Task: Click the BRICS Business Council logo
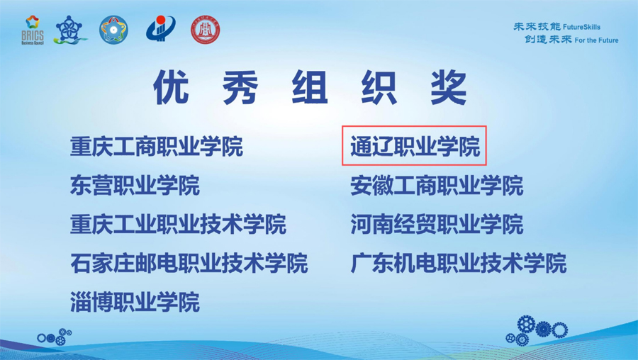tap(33, 30)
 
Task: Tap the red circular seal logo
tap(206, 30)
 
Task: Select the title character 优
tap(171, 87)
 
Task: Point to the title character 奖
tap(449, 87)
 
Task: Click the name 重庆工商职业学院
tap(157, 146)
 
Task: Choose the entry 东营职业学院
tap(135, 185)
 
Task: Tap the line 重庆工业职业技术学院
tap(178, 224)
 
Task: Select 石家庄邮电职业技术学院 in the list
tap(189, 263)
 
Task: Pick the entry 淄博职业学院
tap(135, 302)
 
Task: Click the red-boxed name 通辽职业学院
tap(415, 146)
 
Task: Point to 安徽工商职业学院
tap(437, 185)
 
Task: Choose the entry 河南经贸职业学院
tap(437, 224)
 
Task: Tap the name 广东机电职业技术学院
tap(458, 263)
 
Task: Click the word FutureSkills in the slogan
tap(582, 27)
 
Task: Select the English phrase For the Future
tap(596, 40)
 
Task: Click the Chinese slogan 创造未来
tap(548, 40)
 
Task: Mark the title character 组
tap(310, 87)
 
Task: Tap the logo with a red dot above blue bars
tap(161, 28)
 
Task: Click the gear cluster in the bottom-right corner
tap(537, 330)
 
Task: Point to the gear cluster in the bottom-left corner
tap(55, 337)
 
